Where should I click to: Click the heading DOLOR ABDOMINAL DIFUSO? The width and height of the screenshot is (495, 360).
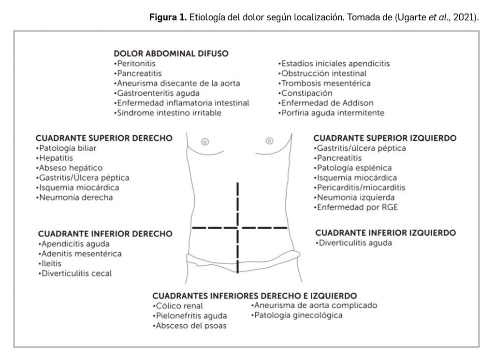171,53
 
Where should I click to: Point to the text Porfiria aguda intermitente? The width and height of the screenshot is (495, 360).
332,113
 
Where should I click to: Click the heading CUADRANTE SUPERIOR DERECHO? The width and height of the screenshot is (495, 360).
104,138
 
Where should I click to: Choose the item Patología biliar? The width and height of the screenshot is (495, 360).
66,148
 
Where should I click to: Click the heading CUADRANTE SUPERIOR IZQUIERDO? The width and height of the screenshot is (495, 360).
385,138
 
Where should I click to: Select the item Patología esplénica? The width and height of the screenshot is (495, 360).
346,168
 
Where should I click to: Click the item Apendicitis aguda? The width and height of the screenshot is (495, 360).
74,244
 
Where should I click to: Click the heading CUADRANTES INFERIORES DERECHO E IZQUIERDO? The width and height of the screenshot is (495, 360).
255,295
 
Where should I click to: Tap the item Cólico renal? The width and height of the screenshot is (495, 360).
178,306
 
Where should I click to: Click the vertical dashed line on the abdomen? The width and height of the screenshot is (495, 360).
238,203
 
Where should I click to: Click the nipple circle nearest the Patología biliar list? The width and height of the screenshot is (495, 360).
205,142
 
